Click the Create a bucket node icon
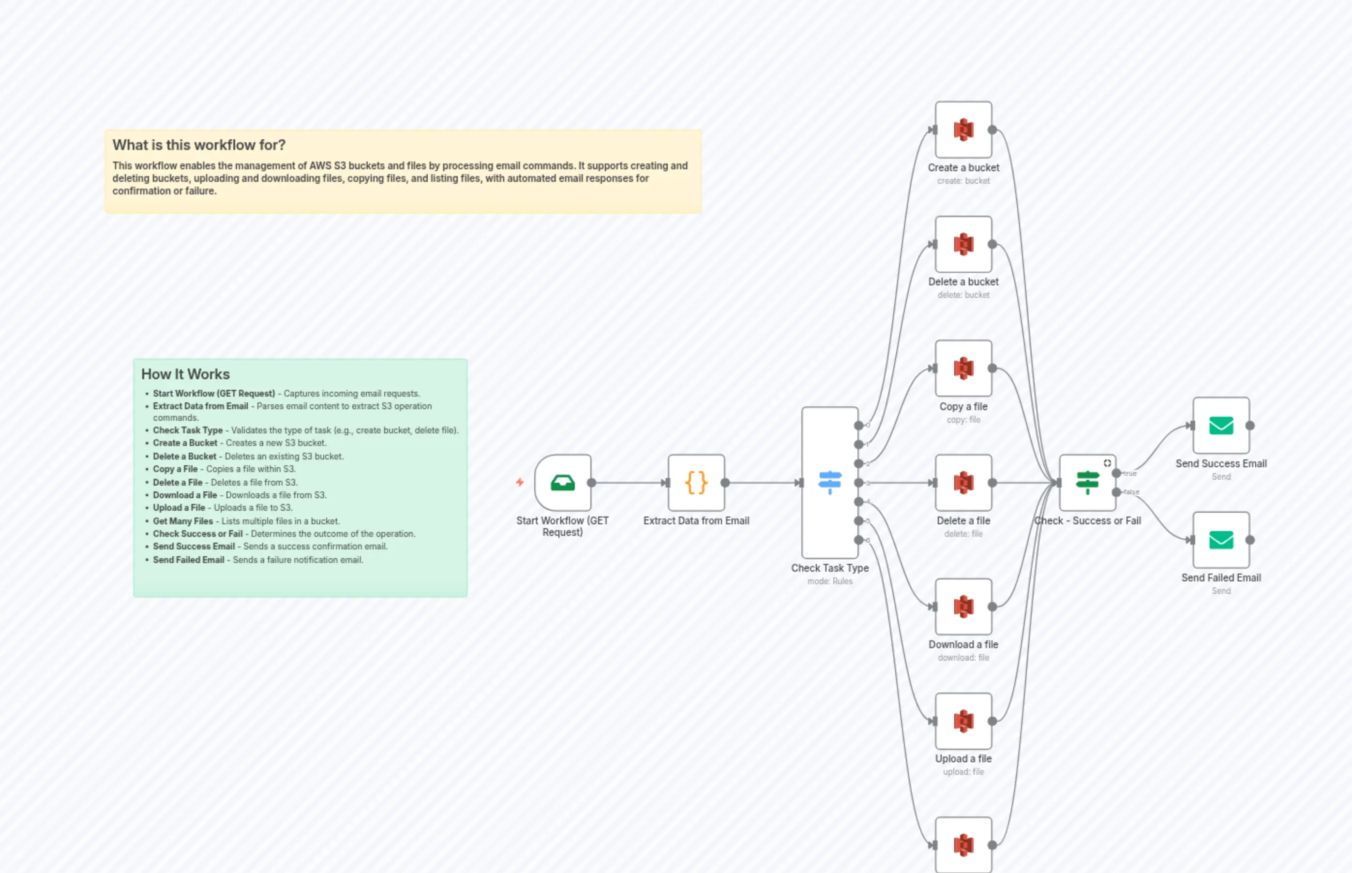tap(963, 130)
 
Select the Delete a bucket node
tap(963, 244)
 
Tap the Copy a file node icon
tap(963, 369)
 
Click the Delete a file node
tap(963, 483)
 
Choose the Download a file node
tap(963, 607)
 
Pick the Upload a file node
tap(963, 722)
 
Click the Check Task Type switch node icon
tap(830, 482)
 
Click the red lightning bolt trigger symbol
tap(520, 482)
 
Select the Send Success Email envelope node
tap(1220, 426)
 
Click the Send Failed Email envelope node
tap(1220, 540)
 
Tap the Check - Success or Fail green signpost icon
tap(1087, 482)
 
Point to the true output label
tap(1130, 473)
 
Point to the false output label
tap(1131, 492)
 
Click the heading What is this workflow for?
tap(198, 145)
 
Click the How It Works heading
tap(185, 374)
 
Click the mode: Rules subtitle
tap(830, 581)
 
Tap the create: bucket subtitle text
tap(963, 181)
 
